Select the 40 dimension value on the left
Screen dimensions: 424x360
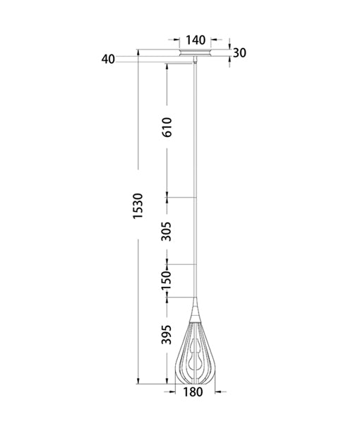pyautogui.click(x=107, y=59)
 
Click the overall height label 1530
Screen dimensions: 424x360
pyautogui.click(x=138, y=211)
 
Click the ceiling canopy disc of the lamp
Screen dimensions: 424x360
pyautogui.click(x=196, y=54)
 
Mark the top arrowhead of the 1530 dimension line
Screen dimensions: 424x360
pyautogui.click(x=138, y=52)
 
